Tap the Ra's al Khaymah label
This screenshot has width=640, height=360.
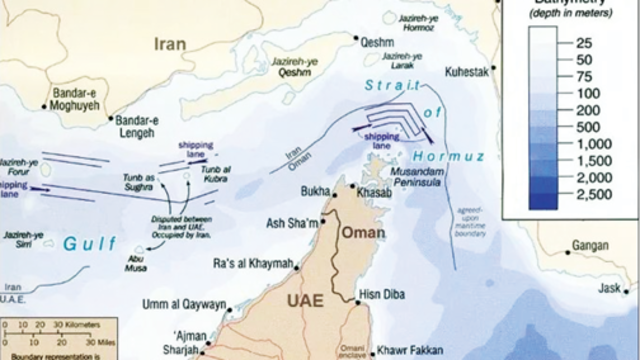pos(254,263)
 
